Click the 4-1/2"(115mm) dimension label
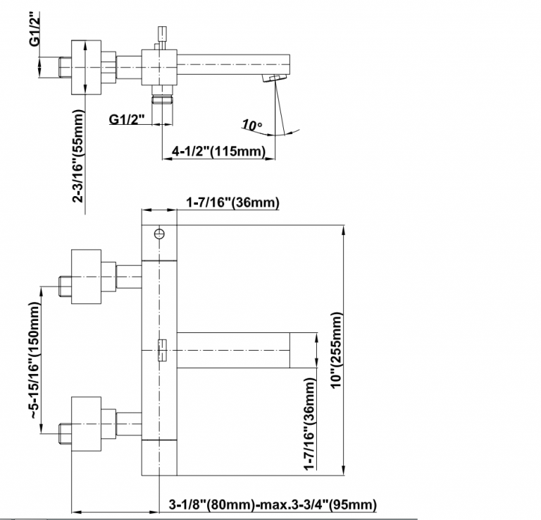click(x=218, y=150)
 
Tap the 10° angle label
click(x=251, y=126)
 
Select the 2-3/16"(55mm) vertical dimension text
click(x=79, y=156)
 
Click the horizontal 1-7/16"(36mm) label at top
click(x=232, y=203)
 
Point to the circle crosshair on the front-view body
click(x=159, y=233)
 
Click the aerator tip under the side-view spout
click(x=273, y=77)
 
